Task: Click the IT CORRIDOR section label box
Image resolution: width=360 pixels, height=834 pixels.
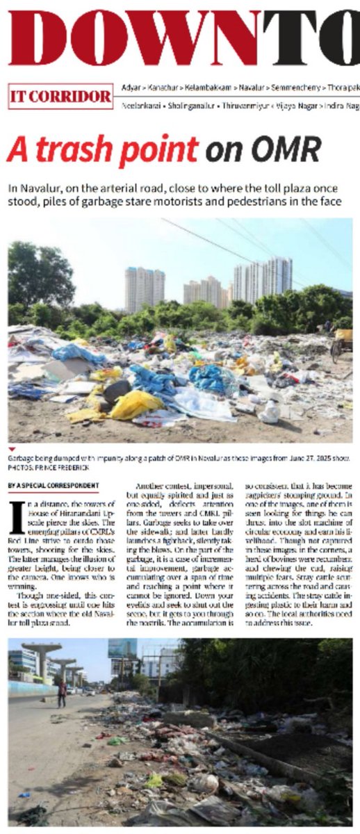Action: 60,97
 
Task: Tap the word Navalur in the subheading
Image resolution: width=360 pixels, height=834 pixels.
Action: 45,188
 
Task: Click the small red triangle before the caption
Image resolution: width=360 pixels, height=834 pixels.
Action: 12,450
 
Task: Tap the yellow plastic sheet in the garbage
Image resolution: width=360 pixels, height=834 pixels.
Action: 135,404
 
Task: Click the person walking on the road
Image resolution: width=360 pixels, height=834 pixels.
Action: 62,692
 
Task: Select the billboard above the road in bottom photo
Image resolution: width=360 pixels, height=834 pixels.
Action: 121,648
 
